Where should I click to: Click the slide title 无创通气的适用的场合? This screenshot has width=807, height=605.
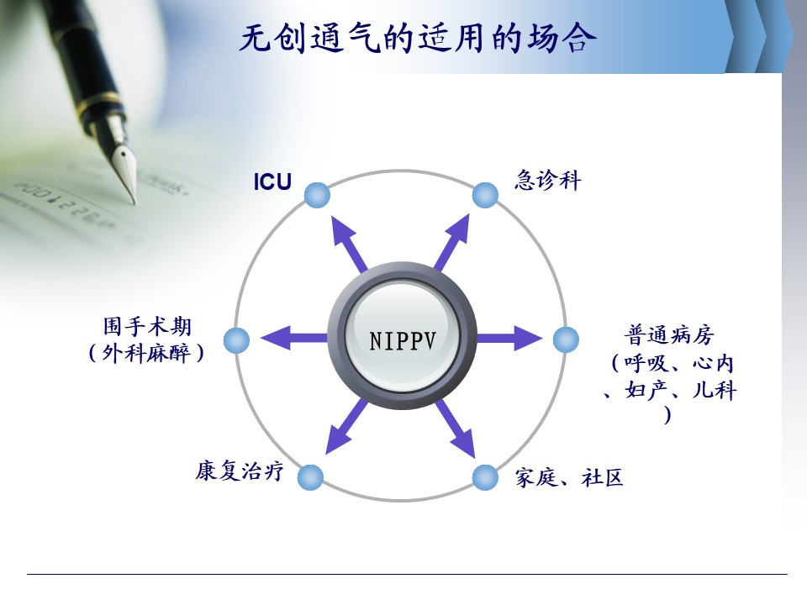tap(418, 39)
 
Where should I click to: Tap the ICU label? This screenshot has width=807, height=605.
tap(272, 182)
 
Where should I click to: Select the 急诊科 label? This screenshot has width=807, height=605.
tap(547, 181)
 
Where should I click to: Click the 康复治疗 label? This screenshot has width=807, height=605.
tap(240, 471)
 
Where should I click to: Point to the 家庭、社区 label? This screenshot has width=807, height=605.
tap(569, 478)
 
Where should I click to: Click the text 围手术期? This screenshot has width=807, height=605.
tap(147, 327)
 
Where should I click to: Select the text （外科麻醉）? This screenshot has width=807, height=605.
tap(146, 353)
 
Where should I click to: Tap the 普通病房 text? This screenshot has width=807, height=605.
tap(670, 335)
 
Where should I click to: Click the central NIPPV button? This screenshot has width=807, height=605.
tap(403, 337)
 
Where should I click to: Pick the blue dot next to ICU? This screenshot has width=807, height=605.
tap(317, 196)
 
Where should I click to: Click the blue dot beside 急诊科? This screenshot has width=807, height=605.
tap(485, 196)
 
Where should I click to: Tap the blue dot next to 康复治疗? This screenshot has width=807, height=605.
tap(310, 477)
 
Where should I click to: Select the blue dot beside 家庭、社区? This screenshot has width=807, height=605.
tap(485, 477)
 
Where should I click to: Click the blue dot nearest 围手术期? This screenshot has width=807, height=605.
tap(237, 340)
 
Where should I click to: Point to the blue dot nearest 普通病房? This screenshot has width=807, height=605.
tap(566, 339)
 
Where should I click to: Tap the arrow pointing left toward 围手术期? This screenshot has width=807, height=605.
tap(294, 338)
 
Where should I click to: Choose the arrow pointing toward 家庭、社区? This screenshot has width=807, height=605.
tap(455, 429)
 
